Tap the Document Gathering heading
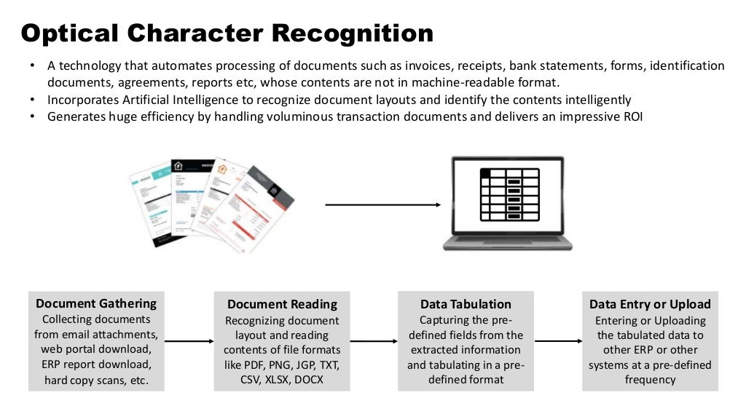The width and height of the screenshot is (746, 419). click(96, 303)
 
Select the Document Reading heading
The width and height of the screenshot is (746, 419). click(282, 304)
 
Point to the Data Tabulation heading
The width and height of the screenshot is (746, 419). click(466, 304)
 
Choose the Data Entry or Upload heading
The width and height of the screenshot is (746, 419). click(650, 304)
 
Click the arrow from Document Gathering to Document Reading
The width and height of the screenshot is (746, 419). click(189, 340)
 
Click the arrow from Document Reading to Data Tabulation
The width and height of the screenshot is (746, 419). click(374, 340)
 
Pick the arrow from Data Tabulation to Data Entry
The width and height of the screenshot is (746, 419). click(557, 340)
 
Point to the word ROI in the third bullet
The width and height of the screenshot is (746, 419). click(632, 116)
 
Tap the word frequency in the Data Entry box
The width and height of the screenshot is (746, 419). click(650, 379)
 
